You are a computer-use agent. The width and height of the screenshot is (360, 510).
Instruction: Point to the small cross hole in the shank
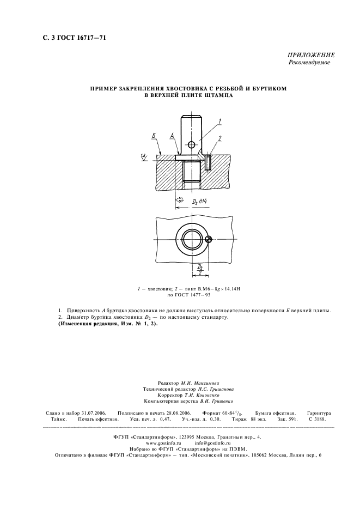tap(191, 144)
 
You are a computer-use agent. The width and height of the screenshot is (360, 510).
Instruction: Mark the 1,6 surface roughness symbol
tap(144, 157)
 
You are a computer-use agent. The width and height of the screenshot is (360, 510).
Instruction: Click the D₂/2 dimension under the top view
tap(200, 268)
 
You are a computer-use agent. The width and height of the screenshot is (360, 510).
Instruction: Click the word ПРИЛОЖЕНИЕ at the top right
tap(310, 56)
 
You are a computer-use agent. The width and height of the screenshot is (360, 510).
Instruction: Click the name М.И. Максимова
tap(200, 384)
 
